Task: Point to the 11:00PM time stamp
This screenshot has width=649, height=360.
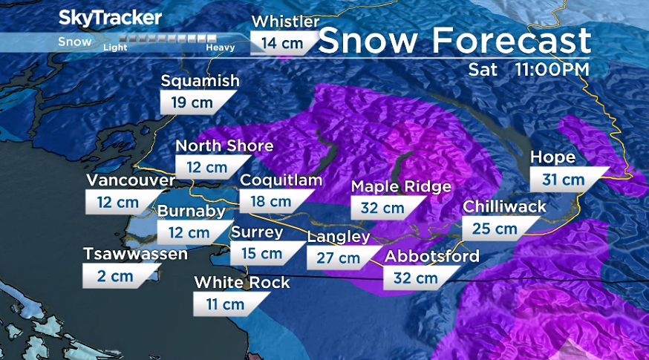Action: coord(552,70)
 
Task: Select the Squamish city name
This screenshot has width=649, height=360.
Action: coord(200,81)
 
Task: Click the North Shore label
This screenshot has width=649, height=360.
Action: coord(224,145)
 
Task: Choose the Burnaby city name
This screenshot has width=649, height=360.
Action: coord(191,212)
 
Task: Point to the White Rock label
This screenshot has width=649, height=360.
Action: coord(242,283)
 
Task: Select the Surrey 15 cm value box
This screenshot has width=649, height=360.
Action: coord(262,254)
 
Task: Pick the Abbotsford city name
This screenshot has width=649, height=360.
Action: coord(431,257)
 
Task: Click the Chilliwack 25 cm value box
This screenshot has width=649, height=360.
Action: coord(496,229)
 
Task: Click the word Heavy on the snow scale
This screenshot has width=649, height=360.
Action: coord(221,48)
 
